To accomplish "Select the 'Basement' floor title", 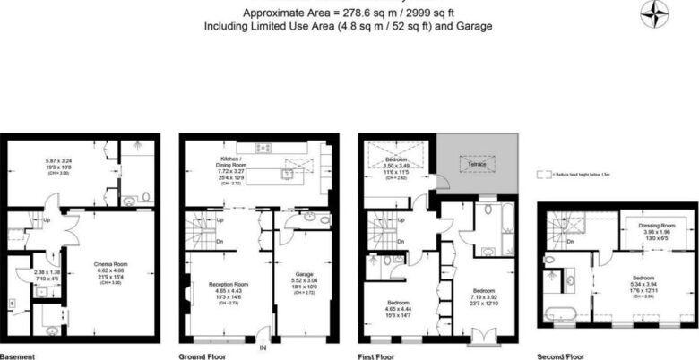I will (x=17, y=356).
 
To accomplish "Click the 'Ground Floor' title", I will (x=203, y=356).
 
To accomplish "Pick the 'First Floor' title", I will (x=377, y=356).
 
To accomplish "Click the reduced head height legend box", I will (x=540, y=175).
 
